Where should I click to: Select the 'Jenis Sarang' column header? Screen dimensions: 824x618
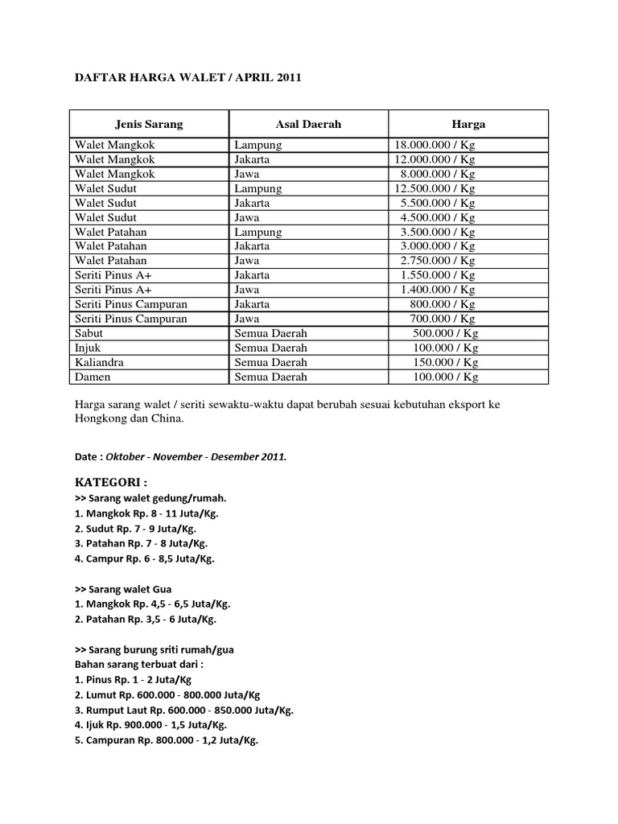click(149, 125)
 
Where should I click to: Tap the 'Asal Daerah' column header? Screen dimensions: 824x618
click(308, 125)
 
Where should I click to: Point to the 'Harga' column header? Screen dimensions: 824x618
click(468, 125)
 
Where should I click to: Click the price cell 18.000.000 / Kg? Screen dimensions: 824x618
click(435, 145)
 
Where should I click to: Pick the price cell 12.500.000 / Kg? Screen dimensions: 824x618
click(435, 188)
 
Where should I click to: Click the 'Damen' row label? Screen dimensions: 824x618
click(93, 377)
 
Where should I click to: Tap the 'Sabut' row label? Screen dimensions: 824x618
click(90, 333)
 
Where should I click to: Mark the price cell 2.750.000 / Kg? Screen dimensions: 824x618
click(438, 261)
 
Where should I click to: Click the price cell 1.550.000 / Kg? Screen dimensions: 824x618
click(438, 275)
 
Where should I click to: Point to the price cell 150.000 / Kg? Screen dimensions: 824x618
click(446, 362)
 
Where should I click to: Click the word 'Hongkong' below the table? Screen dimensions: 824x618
click(100, 418)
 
